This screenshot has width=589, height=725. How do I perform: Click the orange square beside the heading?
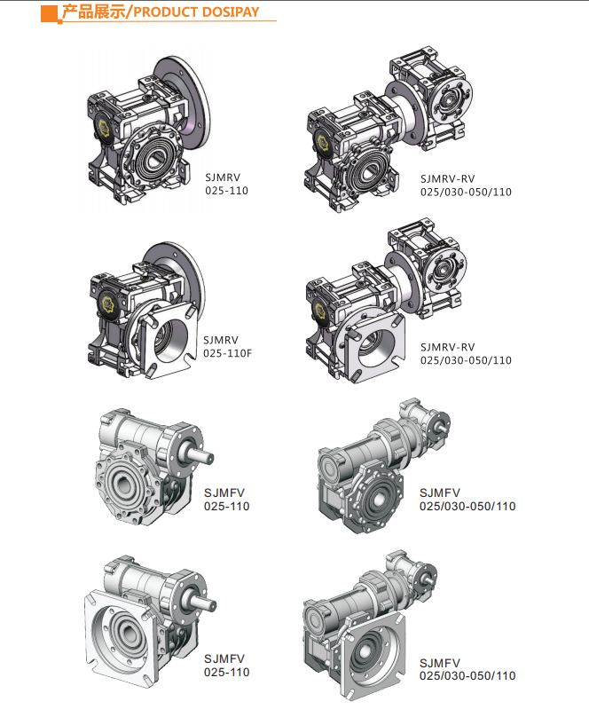click(x=49, y=13)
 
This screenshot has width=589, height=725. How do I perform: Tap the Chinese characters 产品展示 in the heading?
click(x=94, y=12)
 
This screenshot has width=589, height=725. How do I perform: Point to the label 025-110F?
click(x=227, y=353)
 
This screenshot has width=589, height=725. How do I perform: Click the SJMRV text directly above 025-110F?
click(x=221, y=340)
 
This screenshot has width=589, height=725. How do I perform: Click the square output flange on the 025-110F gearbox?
click(x=169, y=336)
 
